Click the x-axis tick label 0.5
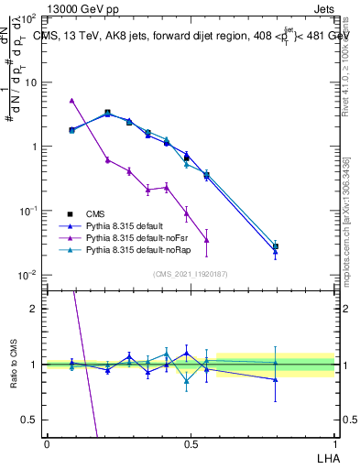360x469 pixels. (x=191, y=443)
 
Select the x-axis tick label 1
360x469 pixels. (x=334, y=443)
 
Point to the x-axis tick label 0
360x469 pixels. (x=47, y=443)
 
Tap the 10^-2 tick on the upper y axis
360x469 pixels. (x=27, y=275)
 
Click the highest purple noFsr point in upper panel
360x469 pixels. (x=71, y=100)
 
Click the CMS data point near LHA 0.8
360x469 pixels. (x=276, y=246)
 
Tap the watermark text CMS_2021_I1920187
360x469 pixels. (x=190, y=275)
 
